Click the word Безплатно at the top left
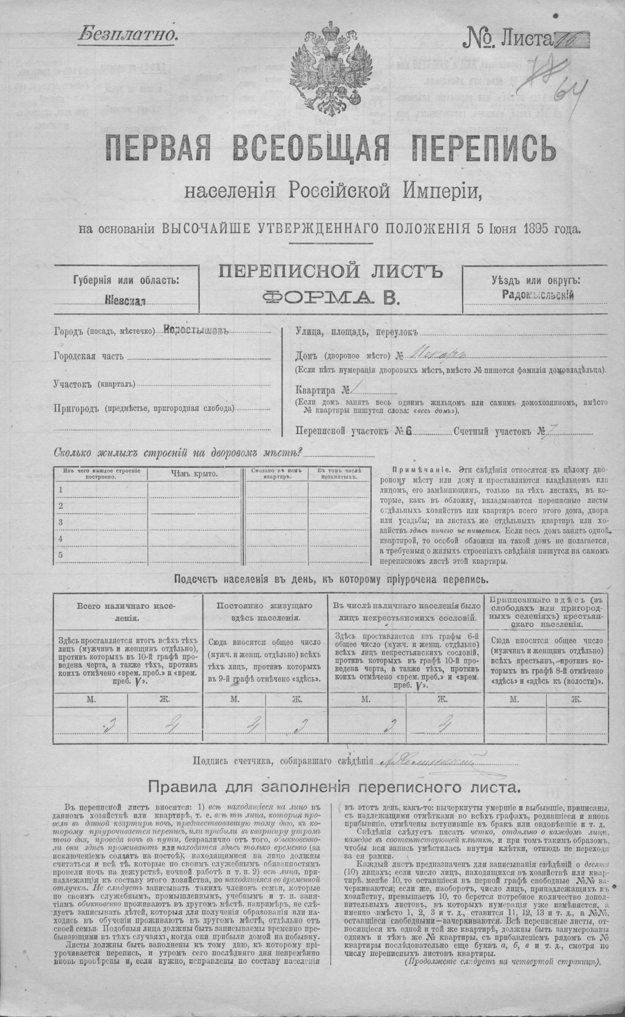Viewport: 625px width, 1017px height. pos(127,34)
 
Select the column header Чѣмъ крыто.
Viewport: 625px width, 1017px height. pos(195,473)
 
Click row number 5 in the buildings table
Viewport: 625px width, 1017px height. pos(60,555)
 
